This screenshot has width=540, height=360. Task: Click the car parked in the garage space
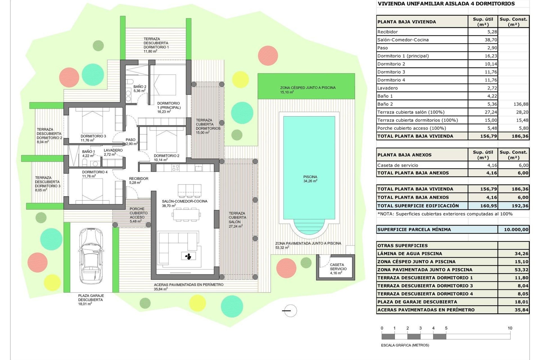pyautogui.click(x=91, y=256)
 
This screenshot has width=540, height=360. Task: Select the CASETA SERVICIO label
pyautogui.click(x=338, y=267)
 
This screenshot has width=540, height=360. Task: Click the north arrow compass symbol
pyautogui.click(x=289, y=311)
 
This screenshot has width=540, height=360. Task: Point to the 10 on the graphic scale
pyautogui.click(x=510, y=328)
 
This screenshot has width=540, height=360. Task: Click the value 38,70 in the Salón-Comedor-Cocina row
pyautogui.click(x=490, y=40)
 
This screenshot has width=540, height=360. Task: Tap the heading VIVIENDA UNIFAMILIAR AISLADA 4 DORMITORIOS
pyautogui.click(x=446, y=4)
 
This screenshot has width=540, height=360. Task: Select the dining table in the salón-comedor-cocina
pyautogui.click(x=186, y=215)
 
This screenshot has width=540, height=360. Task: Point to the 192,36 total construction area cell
pyautogui.click(x=520, y=206)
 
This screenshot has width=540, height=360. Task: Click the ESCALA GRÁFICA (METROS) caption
pyautogui.click(x=405, y=345)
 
